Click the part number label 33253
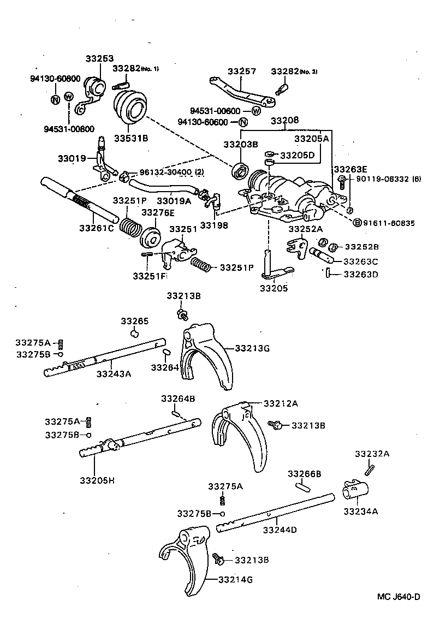[98, 58]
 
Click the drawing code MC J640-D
[398, 596]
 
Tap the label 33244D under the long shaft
[280, 529]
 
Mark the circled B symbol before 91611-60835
[358, 222]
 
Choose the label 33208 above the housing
[286, 119]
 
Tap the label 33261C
[96, 228]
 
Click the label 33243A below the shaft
[114, 374]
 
